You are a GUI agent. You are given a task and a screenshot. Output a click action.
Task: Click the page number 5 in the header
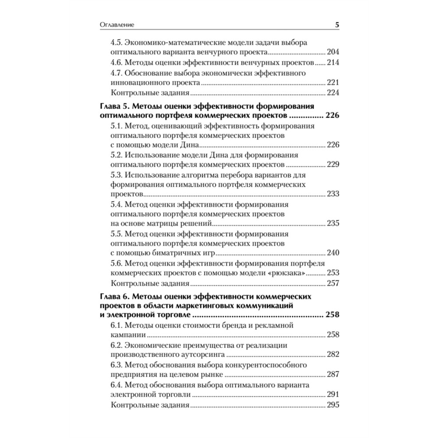[x=337, y=25]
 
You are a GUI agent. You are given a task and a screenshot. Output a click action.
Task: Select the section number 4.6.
[x=118, y=63]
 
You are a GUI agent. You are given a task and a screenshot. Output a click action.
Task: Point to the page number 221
[x=333, y=82]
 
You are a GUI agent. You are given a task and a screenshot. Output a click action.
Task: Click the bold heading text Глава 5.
[x=114, y=106]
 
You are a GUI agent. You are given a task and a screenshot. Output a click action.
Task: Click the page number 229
[x=333, y=165]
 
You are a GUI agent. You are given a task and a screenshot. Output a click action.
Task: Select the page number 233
[x=333, y=194]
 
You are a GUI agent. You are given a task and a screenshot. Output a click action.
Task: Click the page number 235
[x=333, y=223]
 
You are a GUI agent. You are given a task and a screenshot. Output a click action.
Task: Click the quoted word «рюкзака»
[x=288, y=273]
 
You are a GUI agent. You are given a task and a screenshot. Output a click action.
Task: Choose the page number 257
[x=333, y=283]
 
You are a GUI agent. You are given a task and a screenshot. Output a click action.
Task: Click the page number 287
[x=333, y=374]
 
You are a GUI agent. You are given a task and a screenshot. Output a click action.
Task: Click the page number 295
[x=333, y=405]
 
